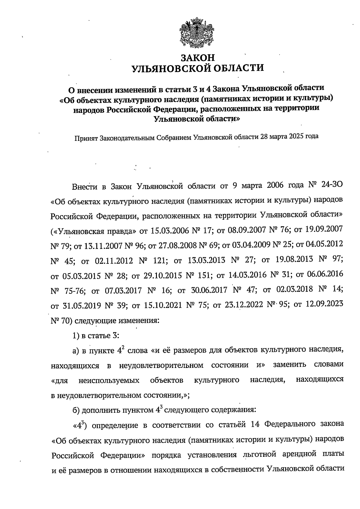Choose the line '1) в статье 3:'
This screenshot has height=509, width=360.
coord(96,335)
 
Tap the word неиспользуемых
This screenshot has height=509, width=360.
coord(109,381)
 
